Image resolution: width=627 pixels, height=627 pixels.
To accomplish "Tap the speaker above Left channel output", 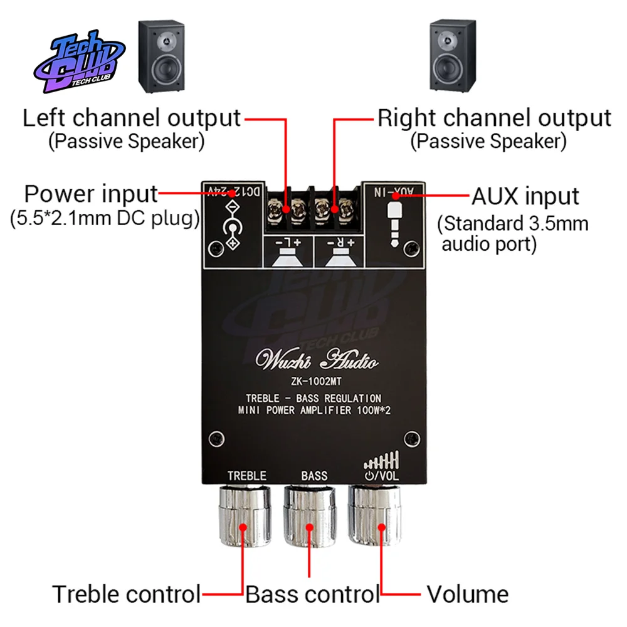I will (x=161, y=56).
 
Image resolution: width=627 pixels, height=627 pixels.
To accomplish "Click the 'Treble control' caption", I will (x=126, y=594).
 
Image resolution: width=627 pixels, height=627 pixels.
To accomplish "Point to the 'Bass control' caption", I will (x=312, y=594).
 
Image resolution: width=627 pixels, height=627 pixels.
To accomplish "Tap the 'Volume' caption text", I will (x=467, y=594).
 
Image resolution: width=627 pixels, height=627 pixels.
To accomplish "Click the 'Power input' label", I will (x=91, y=194).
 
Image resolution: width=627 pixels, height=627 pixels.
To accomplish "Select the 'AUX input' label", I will (x=525, y=196).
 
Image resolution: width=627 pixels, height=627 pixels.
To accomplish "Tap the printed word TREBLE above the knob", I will (x=246, y=476).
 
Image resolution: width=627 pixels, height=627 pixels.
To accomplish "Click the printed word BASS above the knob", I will (x=314, y=476).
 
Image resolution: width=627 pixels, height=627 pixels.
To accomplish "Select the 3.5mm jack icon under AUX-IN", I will (x=394, y=223).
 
